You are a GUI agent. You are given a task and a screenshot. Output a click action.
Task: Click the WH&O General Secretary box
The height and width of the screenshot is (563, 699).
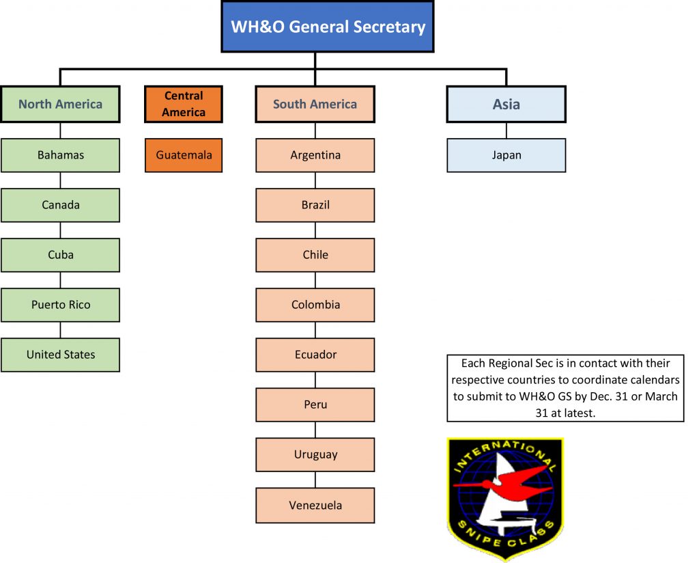tap(328, 27)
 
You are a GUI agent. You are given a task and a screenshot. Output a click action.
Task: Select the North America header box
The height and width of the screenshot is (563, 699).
tap(60, 104)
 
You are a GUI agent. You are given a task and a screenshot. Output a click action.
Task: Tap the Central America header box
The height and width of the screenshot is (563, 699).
tap(184, 104)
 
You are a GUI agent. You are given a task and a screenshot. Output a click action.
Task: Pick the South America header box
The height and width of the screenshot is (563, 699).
tap(315, 104)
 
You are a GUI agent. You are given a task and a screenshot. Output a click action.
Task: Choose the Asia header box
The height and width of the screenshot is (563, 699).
tap(507, 104)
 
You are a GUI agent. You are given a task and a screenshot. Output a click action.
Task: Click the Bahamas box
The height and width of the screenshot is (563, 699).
tap(60, 155)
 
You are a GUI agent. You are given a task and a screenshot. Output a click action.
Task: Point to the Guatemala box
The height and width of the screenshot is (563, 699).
tap(184, 155)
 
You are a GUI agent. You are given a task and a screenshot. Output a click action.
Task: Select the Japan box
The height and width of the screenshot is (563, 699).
tap(507, 155)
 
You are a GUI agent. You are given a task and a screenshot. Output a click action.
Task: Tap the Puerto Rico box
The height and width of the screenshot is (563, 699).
tap(60, 305)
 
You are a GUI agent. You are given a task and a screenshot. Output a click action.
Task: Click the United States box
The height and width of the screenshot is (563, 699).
tap(60, 355)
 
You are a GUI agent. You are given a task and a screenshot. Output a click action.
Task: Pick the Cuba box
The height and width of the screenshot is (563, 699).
tap(60, 255)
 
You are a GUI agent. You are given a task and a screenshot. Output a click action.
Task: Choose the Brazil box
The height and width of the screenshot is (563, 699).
tap(315, 205)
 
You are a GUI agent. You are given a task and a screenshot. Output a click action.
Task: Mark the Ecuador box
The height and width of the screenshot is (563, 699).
tap(315, 355)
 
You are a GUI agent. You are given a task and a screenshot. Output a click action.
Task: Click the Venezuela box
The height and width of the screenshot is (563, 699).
tap(315, 506)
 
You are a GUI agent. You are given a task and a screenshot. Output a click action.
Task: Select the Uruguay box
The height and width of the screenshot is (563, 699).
tap(315, 454)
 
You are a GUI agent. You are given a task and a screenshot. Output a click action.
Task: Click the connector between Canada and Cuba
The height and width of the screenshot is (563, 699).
tap(60, 230)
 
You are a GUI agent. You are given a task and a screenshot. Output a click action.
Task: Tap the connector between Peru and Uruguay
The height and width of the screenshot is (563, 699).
tap(315, 430)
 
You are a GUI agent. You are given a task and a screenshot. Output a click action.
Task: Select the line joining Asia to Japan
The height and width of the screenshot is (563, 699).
tap(507, 131)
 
